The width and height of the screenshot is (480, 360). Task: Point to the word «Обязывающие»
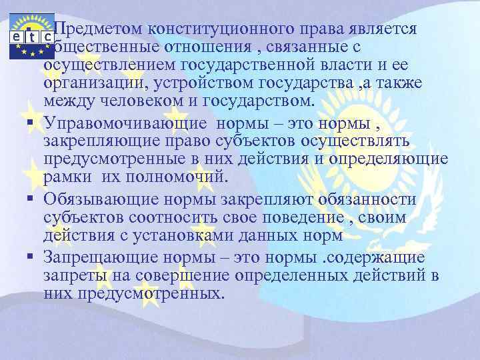tap(93, 199)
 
